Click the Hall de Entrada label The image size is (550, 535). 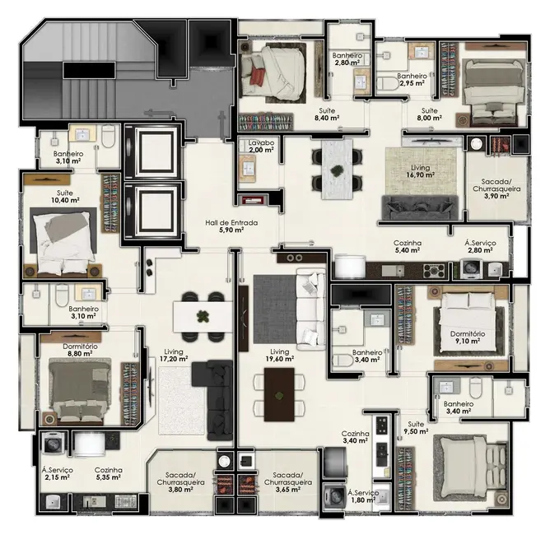pyautogui.click(x=231, y=226)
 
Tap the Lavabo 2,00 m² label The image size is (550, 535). pyautogui.click(x=261, y=147)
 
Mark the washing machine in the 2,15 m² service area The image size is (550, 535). pyautogui.click(x=53, y=444)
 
